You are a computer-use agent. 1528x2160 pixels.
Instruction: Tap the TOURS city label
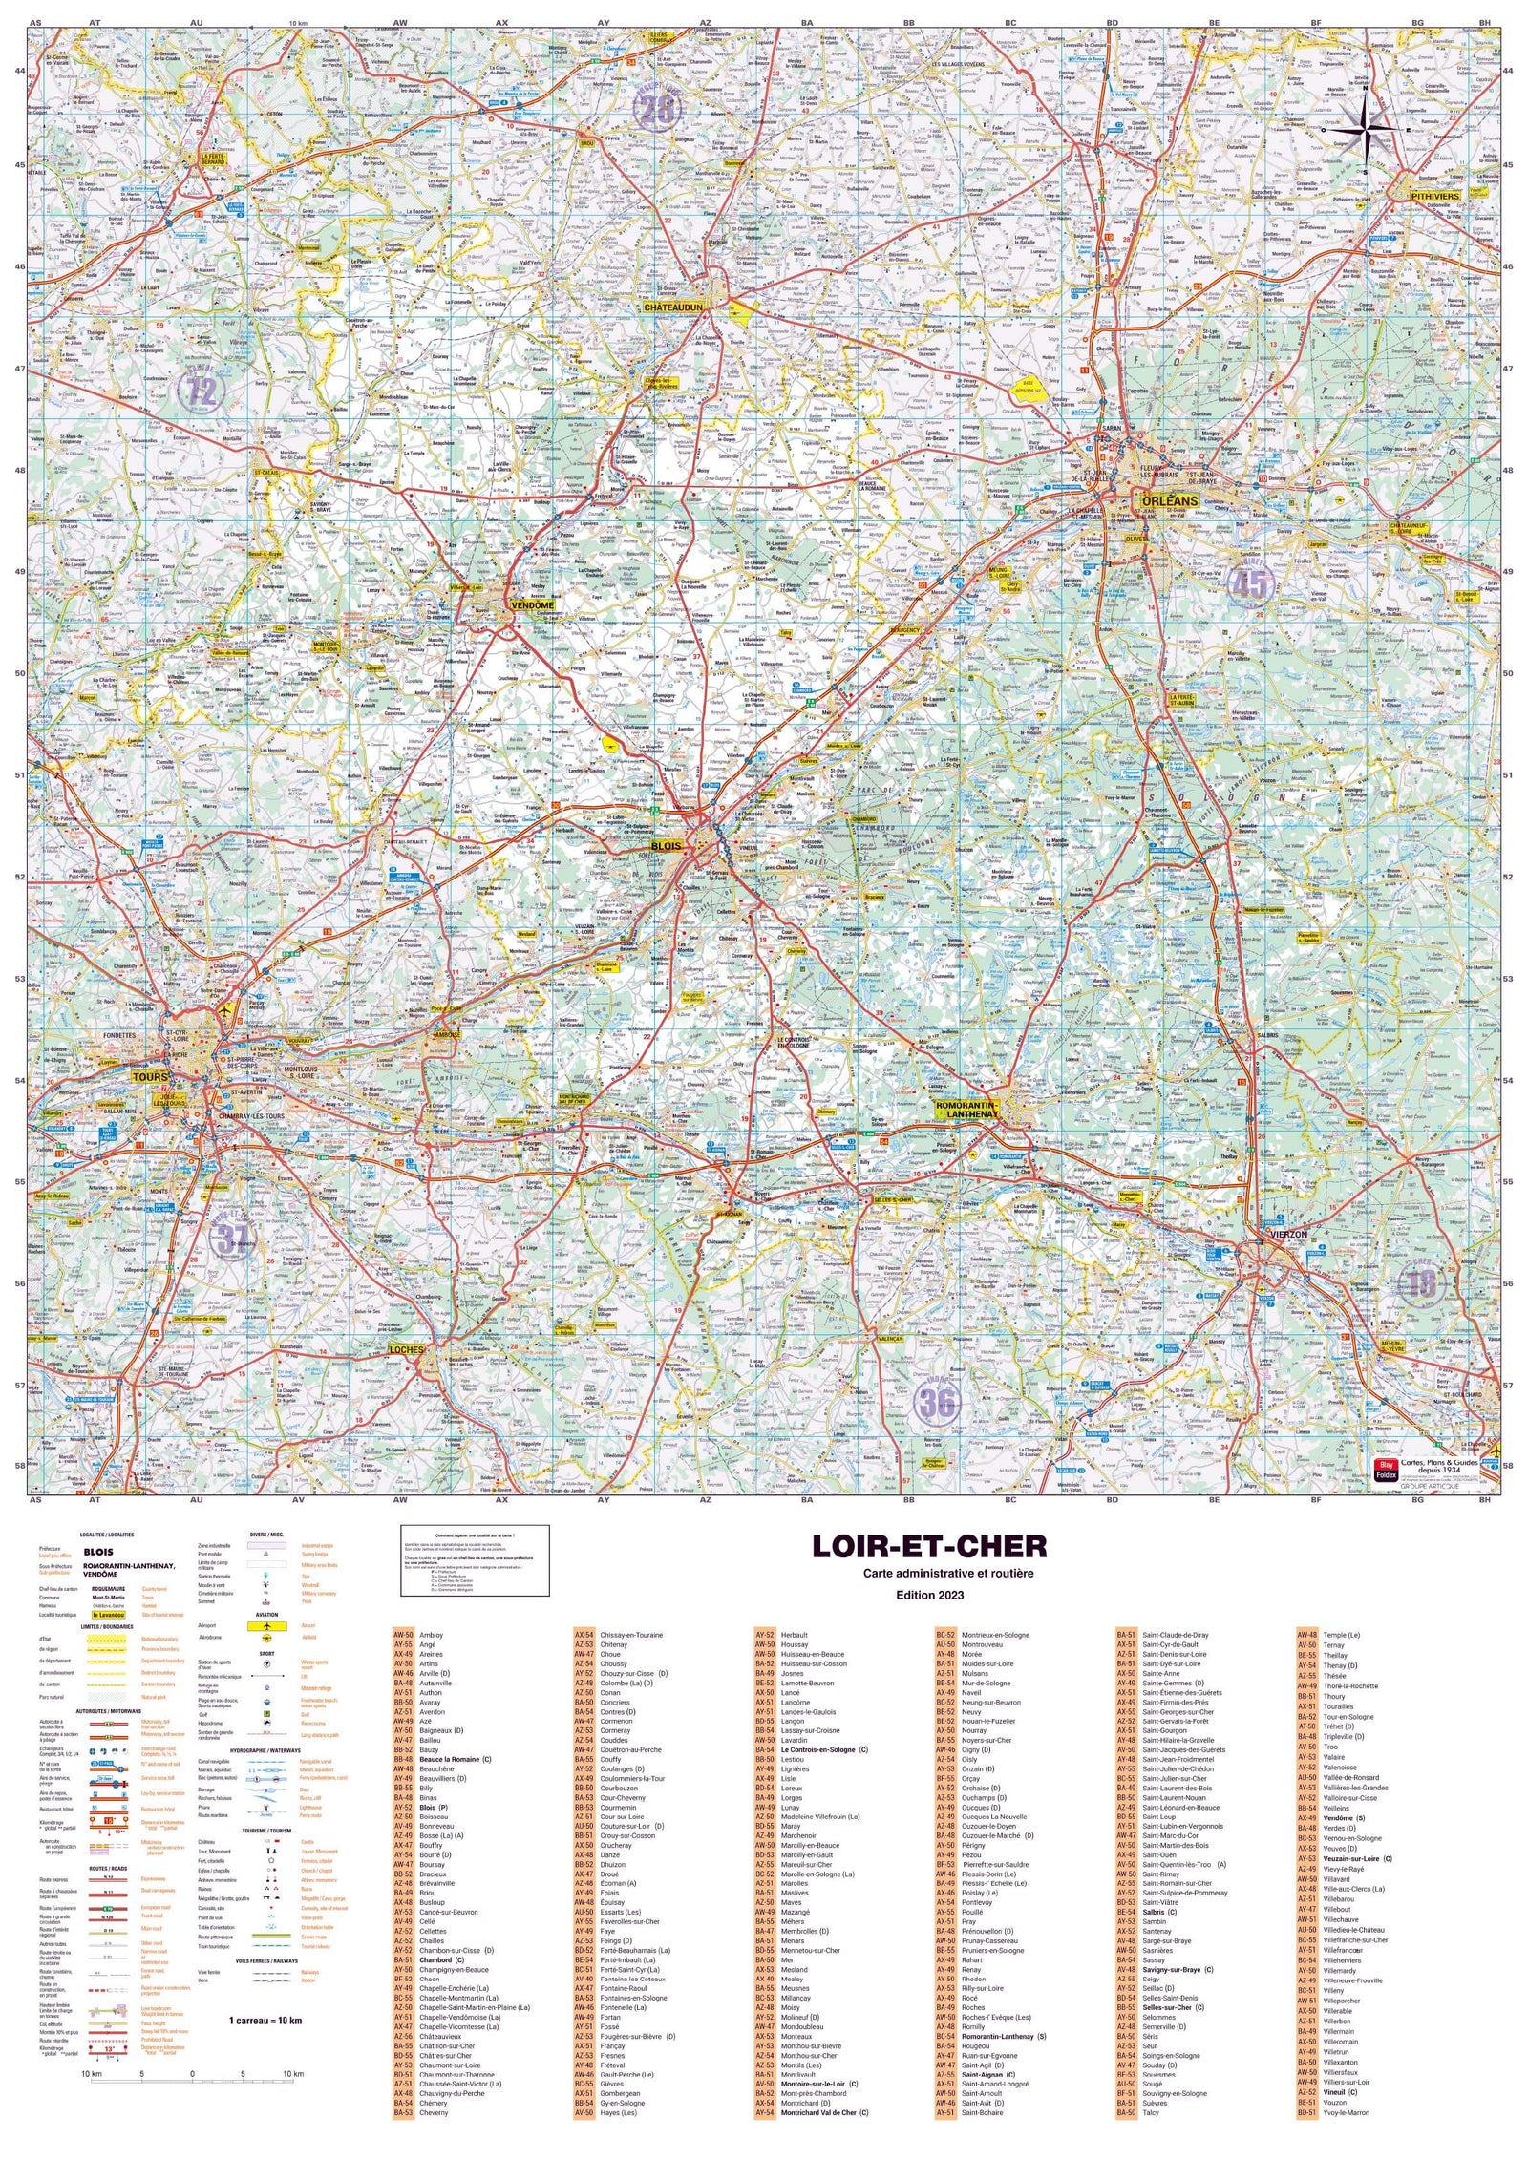(150, 1076)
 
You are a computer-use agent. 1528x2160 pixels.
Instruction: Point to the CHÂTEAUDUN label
(673, 308)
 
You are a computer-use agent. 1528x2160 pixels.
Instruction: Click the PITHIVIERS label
(1435, 196)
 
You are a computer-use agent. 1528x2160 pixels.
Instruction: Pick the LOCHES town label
(406, 1349)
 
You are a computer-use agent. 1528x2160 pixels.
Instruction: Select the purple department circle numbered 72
(202, 389)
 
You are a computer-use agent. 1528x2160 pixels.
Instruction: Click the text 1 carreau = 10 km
(265, 2020)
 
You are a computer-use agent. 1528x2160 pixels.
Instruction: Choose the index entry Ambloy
(431, 1635)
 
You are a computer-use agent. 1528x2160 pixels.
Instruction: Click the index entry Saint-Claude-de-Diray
(1175, 1635)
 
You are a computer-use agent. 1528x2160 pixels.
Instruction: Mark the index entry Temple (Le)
(1341, 1635)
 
